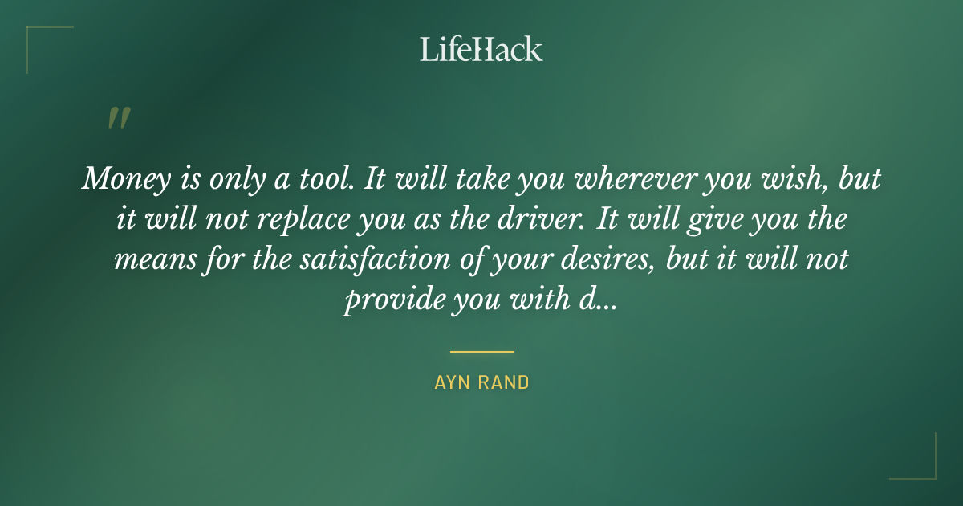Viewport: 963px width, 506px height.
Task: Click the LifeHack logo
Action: pos(481,49)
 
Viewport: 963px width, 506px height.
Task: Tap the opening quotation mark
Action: pos(118,118)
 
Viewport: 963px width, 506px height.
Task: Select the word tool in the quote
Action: pos(324,180)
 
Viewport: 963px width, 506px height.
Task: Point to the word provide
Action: pos(384,300)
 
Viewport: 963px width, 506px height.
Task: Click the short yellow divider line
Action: pos(481,352)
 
